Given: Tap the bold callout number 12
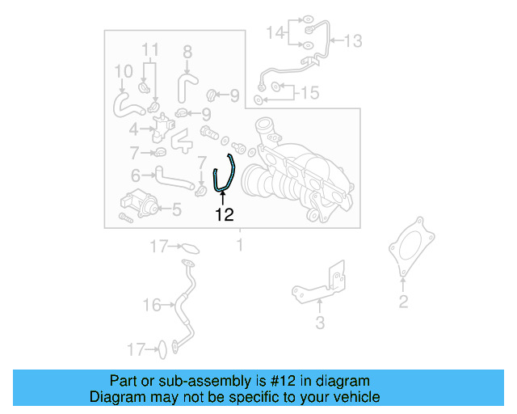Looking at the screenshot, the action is pos(224,214).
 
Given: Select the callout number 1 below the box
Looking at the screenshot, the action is pos(239,244).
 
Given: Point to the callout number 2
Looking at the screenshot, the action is pos(403,302).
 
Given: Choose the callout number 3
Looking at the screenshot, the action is pos(319,324).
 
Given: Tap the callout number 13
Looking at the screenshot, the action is pos(353,40).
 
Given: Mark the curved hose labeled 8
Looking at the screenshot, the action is pos(187,85).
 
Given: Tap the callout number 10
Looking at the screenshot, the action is pos(123,71).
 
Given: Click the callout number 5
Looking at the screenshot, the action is pos(176,209).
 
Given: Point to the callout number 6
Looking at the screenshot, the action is pos(137,174).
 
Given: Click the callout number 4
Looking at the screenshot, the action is pos(133,129).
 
